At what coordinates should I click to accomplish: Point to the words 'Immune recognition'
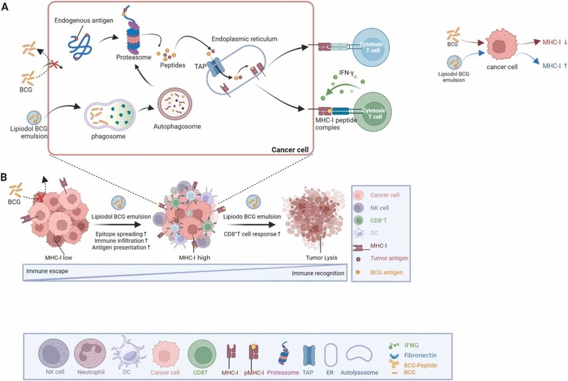pos(318,273)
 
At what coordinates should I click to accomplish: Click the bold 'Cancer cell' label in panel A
pos(290,150)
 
